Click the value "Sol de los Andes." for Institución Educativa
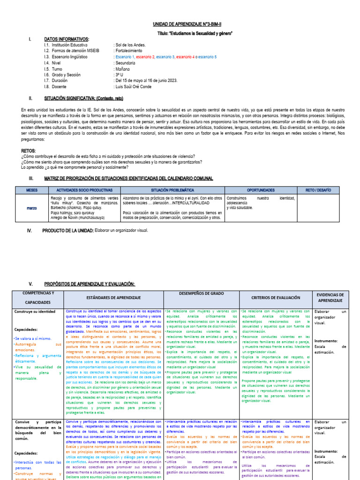pyautogui.click(x=131, y=45)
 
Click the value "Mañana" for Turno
pyautogui.click(x=124, y=68)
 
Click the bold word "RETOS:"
pyautogui.click(x=29, y=151)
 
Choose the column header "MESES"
pyautogui.click(x=31, y=190)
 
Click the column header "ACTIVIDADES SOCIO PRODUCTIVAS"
pyautogui.click(x=84, y=190)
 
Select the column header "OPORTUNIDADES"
pyautogui.click(x=261, y=190)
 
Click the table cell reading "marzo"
pyautogui.click(x=31, y=208)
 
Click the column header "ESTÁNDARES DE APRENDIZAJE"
pyautogui.click(x=113, y=298)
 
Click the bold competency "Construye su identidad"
pyautogui.click(x=35, y=311)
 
